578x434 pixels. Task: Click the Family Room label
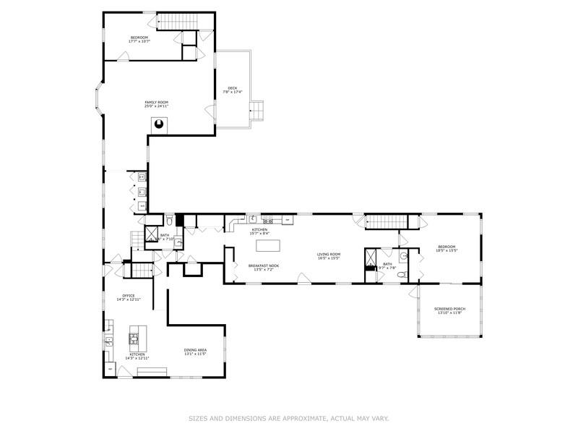(156, 103)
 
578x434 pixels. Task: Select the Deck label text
(232, 88)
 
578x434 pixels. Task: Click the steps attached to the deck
(259, 109)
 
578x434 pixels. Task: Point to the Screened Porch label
(449, 309)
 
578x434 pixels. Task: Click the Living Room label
(329, 254)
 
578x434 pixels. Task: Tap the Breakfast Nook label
(264, 265)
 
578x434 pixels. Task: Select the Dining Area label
(195, 350)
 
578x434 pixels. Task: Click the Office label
(129, 295)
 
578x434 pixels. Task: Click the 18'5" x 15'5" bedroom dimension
(447, 251)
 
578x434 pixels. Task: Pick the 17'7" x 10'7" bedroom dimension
(139, 41)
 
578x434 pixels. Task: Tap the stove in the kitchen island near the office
(134, 337)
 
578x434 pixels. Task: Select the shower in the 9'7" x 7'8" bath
(371, 258)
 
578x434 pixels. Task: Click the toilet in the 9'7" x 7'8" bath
(404, 257)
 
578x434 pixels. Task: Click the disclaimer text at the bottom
(288, 417)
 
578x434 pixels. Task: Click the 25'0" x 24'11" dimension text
(156, 106)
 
